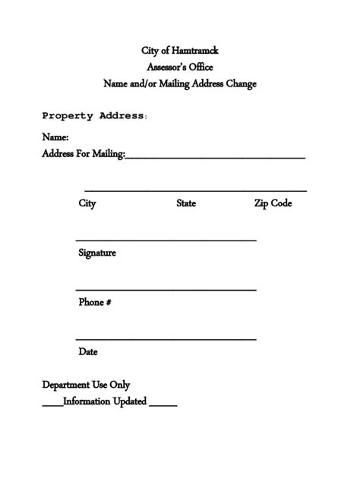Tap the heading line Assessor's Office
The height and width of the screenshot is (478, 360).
180,68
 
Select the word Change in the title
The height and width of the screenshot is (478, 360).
239,84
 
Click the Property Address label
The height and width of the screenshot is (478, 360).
93,116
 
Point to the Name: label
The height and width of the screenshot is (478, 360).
55,138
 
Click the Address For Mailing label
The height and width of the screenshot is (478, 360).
83,154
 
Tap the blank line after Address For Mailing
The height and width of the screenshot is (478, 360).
215,157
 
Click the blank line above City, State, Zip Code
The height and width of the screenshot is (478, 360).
195,190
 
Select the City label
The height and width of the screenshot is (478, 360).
87,203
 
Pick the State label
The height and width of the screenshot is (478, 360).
186,203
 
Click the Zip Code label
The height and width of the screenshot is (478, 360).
273,203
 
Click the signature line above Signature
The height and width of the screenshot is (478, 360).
166,241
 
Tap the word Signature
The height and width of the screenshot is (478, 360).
97,253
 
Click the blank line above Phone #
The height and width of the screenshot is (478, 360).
166,290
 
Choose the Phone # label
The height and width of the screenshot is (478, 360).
95,302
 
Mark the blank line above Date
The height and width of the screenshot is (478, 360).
166,339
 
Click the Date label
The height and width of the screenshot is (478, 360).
88,352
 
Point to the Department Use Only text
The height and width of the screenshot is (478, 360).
86,385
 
